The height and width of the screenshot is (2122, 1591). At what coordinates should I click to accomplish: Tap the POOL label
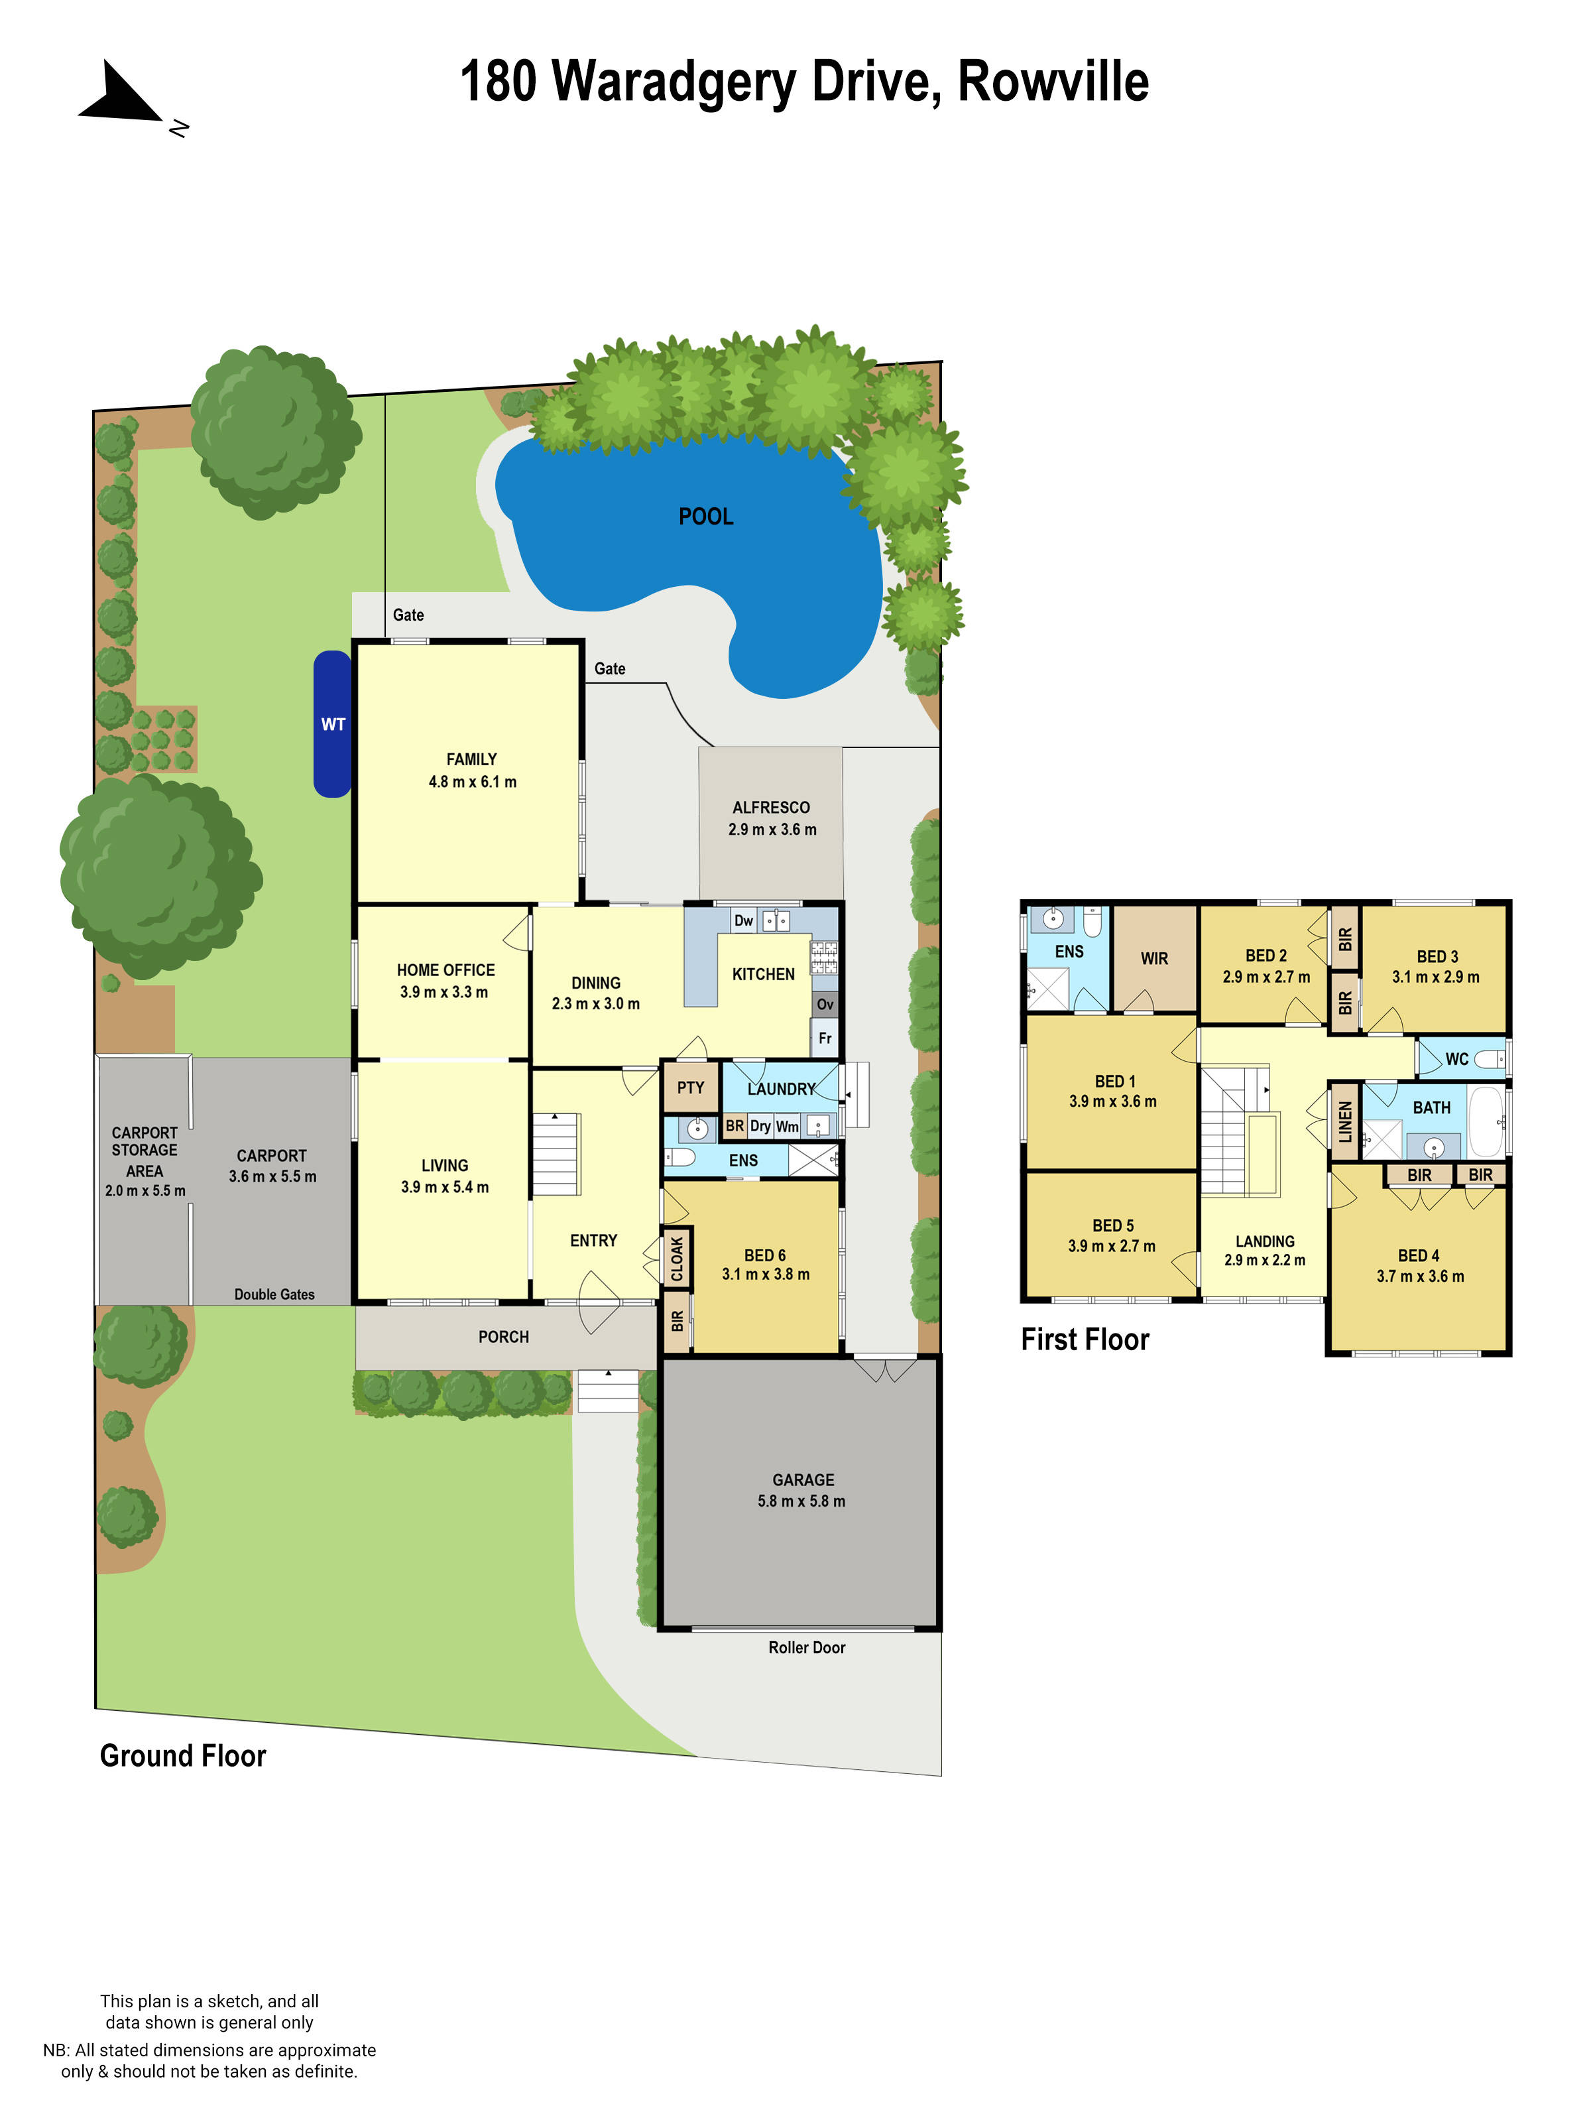point(706,516)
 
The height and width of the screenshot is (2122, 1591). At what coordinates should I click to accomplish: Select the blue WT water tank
point(332,723)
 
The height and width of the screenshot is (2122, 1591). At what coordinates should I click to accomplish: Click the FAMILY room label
point(471,759)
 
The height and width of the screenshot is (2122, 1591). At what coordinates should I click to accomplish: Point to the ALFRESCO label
point(771,808)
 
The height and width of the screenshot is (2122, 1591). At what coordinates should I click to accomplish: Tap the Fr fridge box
point(825,1038)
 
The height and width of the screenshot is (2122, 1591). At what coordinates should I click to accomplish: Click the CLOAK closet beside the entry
point(677,1257)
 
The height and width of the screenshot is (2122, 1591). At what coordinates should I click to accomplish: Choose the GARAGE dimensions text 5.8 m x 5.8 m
point(801,1501)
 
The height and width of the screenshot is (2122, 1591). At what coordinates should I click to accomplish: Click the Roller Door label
point(807,1647)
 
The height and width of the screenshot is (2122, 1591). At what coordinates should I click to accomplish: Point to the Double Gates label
point(274,1294)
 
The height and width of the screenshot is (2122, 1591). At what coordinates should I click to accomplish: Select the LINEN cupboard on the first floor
point(1344,1121)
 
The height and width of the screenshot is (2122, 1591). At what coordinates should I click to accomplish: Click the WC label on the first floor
point(1456,1059)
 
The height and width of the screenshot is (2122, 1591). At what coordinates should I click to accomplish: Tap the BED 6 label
point(764,1255)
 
